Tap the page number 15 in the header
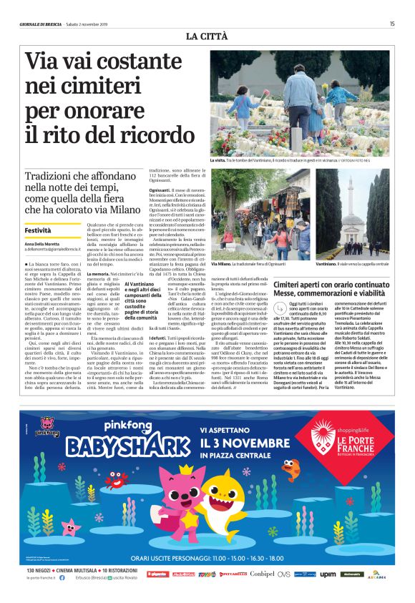[x=392, y=24]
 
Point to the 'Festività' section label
[x=38, y=231]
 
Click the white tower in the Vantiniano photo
[x=353, y=190]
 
